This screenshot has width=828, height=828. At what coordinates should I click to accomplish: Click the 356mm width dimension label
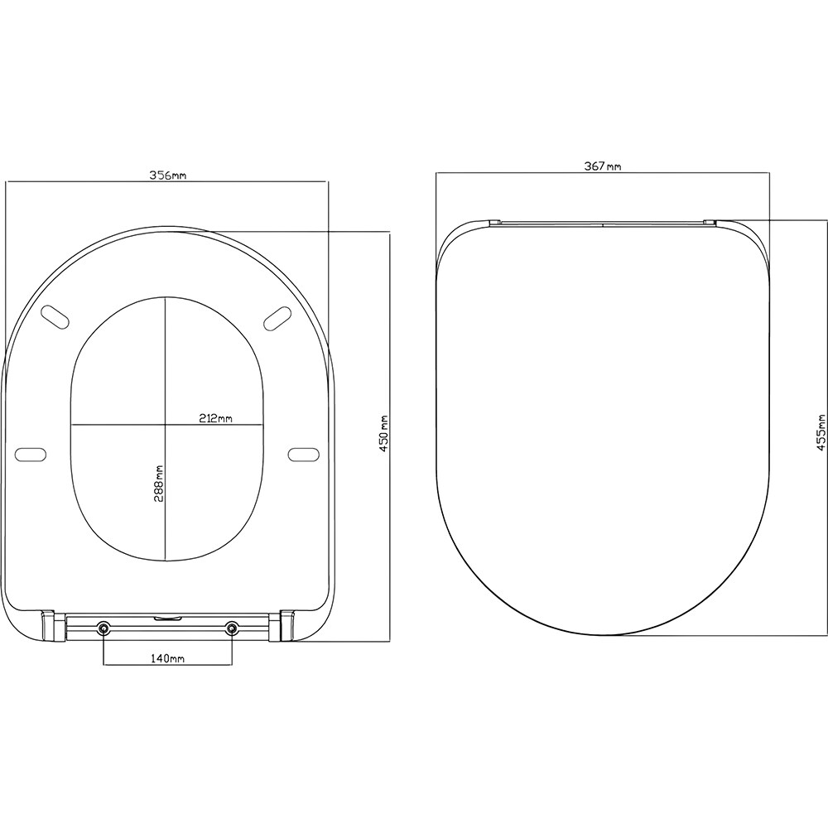[167, 176]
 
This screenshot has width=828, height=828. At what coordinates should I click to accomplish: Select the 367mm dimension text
[603, 166]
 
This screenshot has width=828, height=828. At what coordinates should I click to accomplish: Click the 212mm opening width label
[214, 418]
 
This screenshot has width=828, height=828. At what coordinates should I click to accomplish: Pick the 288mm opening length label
[159, 482]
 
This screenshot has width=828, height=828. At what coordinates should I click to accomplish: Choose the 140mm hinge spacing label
[167, 657]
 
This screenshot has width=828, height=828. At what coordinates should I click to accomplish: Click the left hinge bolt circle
[103, 628]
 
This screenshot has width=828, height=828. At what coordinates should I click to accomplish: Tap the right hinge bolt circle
[231, 628]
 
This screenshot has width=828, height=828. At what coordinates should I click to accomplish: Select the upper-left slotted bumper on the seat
[55, 315]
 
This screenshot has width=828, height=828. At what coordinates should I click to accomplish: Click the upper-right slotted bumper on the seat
[277, 315]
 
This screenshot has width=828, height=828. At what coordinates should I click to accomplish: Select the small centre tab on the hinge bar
[168, 617]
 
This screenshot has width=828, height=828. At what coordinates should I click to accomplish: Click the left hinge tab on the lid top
[494, 221]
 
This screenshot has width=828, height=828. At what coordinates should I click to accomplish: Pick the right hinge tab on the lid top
[710, 221]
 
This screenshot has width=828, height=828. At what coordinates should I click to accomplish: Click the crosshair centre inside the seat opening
[166, 426]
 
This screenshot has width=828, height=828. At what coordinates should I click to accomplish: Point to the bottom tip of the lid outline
[603, 635]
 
